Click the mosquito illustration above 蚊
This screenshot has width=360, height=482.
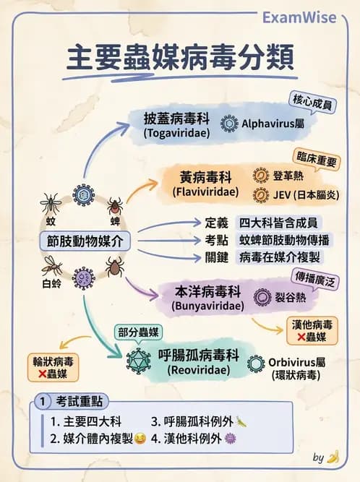[51, 202]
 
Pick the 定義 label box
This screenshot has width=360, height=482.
[216, 223]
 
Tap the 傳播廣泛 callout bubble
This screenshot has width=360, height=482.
[317, 276]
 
